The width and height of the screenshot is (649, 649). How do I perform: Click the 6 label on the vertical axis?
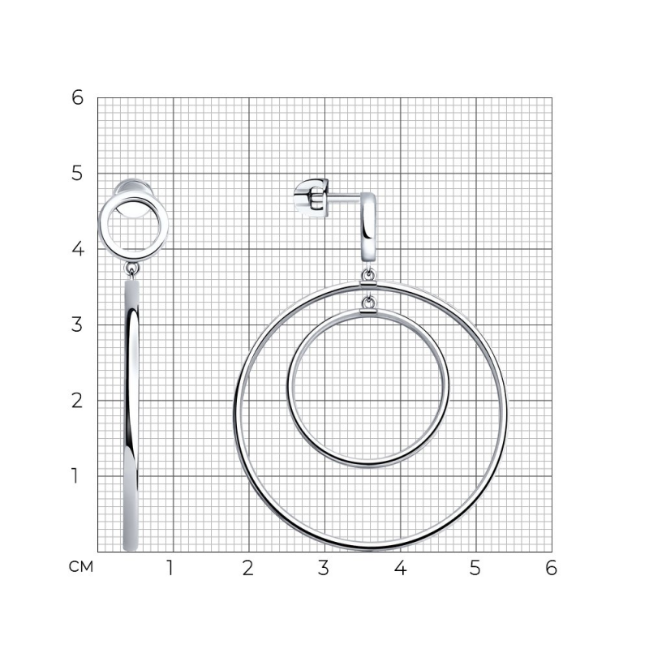[x=77, y=97]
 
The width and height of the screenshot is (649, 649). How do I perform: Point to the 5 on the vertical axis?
[x=77, y=173]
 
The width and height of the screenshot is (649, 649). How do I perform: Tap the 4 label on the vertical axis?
[x=77, y=249]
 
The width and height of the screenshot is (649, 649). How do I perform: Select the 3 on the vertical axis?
[x=77, y=324]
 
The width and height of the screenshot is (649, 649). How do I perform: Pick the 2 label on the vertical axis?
[x=77, y=400]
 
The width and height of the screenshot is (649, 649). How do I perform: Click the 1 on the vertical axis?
[x=75, y=475]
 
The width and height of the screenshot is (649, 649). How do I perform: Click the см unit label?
[x=81, y=566]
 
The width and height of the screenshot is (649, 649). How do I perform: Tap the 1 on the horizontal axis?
[x=170, y=568]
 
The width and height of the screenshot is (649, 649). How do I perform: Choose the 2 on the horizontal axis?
[x=248, y=568]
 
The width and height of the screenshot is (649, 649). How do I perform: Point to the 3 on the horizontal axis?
[x=324, y=568]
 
